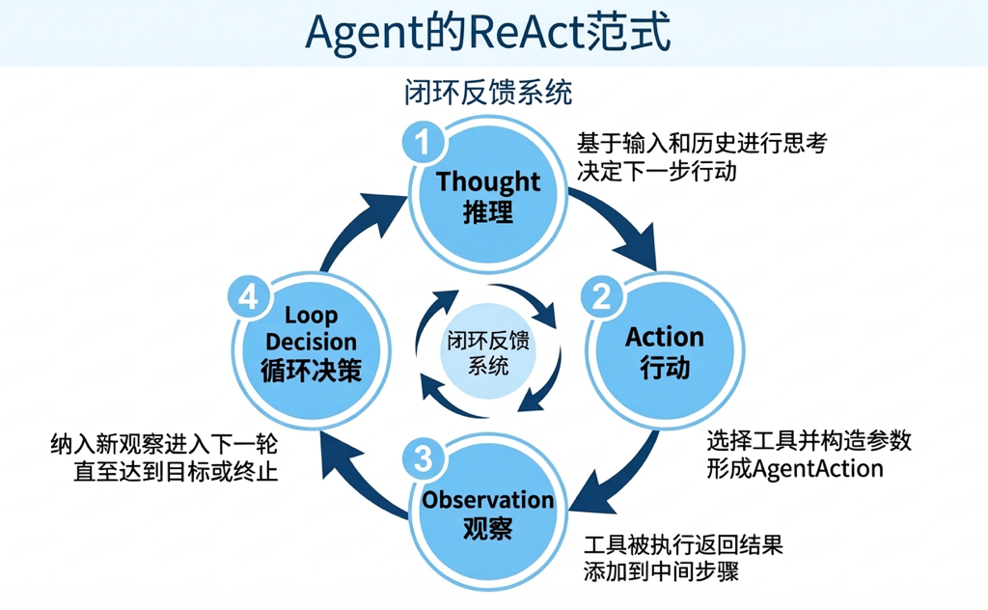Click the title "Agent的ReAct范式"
pyautogui.click(x=487, y=33)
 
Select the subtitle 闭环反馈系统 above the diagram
pyautogui.click(x=488, y=94)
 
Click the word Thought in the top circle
pyautogui.click(x=488, y=181)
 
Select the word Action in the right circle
pyautogui.click(x=664, y=337)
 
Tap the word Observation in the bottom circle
pyautogui.click(x=487, y=500)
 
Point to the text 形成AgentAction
pyautogui.click(x=795, y=468)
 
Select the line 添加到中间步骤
pyautogui.click(x=662, y=570)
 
